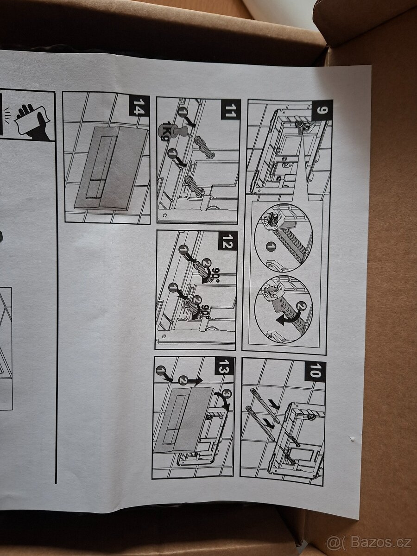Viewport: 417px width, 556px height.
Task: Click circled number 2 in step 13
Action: click(183, 379)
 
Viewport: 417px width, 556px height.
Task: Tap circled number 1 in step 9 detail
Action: click(271, 246)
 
